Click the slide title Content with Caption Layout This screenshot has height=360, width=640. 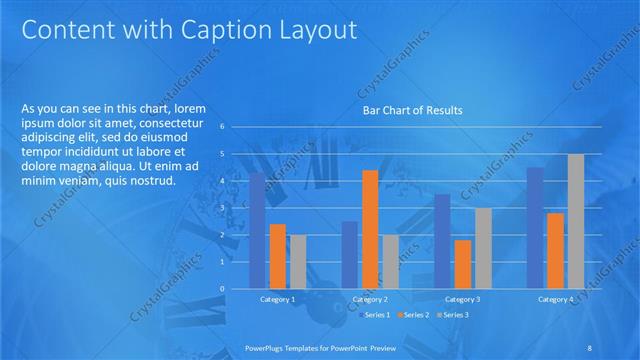coord(189,31)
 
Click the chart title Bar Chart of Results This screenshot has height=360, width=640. coord(411,111)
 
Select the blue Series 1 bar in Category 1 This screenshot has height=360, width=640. coord(257,230)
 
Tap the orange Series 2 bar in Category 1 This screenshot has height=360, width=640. coord(278,256)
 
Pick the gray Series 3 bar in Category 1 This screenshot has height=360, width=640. coord(298,261)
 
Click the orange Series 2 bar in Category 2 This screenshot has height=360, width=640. coord(370,229)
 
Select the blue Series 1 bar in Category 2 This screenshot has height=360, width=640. coord(349,255)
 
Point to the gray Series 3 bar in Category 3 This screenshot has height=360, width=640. coord(482,248)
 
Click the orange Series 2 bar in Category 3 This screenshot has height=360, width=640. coord(462,264)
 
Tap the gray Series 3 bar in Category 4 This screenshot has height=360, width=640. coord(575,221)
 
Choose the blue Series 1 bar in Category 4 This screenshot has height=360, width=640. coord(535,228)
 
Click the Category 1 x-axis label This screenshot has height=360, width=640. coord(278,299)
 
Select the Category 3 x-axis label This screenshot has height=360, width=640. coord(462,299)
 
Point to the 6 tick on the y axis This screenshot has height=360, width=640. coord(236,127)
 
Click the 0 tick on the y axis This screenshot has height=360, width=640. coord(236,289)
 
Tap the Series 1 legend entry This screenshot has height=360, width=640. coord(375,315)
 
